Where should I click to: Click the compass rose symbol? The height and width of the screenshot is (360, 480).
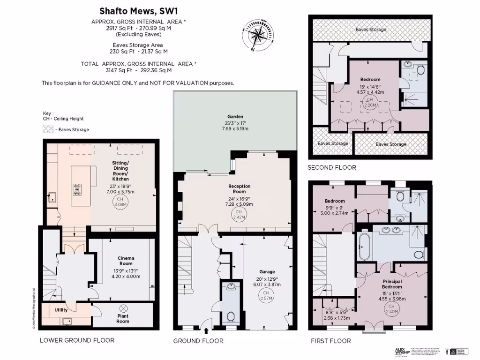[x=257, y=34]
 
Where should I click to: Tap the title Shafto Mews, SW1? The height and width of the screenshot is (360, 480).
[x=132, y=10]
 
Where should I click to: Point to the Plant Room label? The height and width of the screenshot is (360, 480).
[x=123, y=319]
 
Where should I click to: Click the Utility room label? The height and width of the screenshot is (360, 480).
[x=61, y=310]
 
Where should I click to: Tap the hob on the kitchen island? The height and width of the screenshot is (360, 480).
[x=77, y=190]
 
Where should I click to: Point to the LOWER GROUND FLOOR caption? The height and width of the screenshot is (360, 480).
[x=77, y=340]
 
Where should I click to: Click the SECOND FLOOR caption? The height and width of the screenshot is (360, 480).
[x=331, y=167]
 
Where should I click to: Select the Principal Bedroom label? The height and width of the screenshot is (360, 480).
[x=391, y=284]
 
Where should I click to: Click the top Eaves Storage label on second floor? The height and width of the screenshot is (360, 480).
[x=371, y=30]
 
